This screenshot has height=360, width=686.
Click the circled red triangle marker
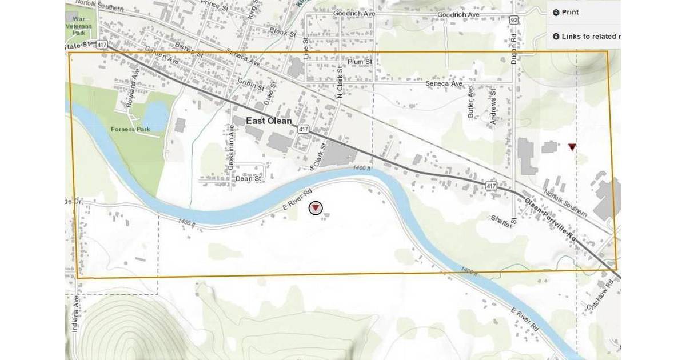pos(316,208)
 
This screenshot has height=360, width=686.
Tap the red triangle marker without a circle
pos(572,147)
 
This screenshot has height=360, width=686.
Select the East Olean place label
pos(269,121)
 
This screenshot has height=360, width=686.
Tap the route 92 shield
pos(514,20)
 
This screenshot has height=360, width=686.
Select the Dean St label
pos(248,179)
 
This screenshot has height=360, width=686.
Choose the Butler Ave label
pos(471,102)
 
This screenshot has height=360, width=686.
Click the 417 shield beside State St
pos(101,44)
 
